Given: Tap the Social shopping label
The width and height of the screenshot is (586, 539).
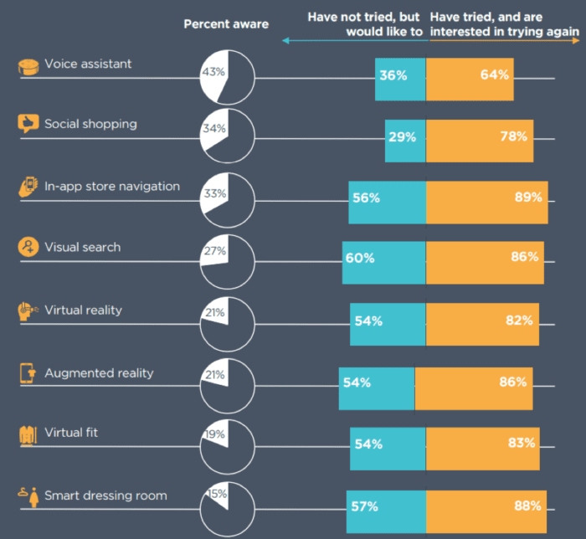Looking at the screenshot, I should tap(90, 124).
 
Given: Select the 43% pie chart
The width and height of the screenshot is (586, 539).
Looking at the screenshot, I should tap(227, 77).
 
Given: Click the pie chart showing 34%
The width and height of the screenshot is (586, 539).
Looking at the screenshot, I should tap(227, 136).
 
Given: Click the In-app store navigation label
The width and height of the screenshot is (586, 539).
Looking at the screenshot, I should tap(112, 186).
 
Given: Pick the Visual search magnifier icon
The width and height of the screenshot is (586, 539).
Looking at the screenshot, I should tap(28, 248).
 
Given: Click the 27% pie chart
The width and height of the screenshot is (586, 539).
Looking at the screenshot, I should tap(227, 260).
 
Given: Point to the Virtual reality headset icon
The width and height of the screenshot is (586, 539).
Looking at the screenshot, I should tap(28, 311).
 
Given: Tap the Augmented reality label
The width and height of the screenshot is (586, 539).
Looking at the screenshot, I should tap(99, 372).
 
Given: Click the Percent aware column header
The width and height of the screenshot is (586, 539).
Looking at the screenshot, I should tap(226, 24).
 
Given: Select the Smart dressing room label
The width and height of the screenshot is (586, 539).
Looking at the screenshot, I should tap(105, 495).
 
